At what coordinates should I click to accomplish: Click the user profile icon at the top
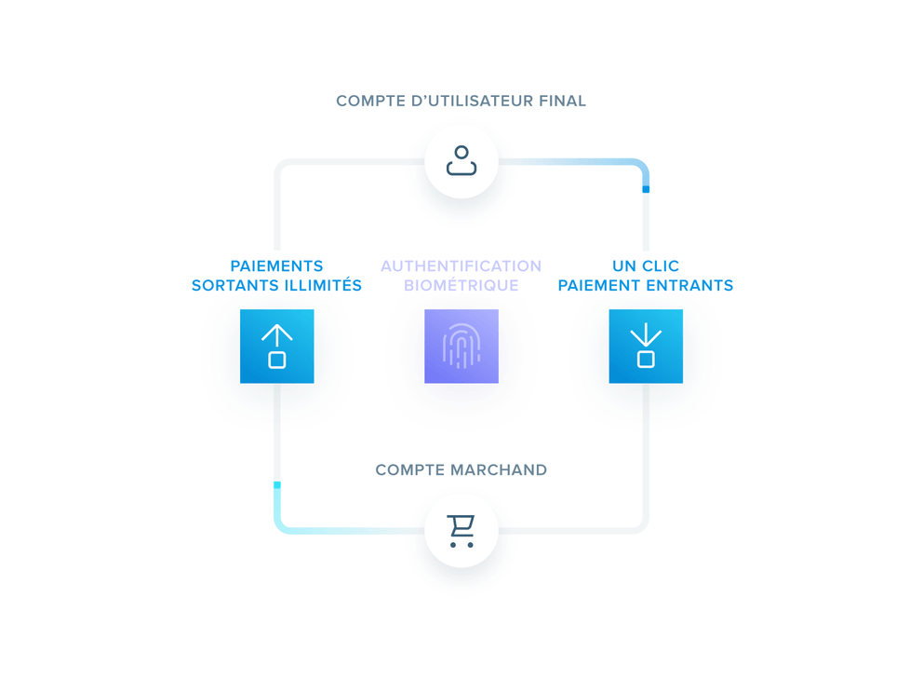tap(461, 161)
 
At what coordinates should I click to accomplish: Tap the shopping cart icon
tap(461, 530)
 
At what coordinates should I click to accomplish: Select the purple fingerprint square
tap(461, 346)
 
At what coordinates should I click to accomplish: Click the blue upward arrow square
tap(277, 346)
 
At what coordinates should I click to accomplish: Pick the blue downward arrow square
tap(646, 346)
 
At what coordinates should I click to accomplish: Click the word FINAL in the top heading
tap(562, 101)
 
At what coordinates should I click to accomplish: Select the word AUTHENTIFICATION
tap(461, 266)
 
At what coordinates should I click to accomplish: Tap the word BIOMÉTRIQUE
tap(461, 286)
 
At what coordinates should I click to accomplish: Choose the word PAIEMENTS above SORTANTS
tap(277, 266)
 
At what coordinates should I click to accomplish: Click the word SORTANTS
tap(228, 286)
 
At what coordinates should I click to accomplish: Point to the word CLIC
tap(660, 266)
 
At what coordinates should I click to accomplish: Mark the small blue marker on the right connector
tap(646, 189)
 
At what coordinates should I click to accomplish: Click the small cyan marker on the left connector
tap(277, 485)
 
